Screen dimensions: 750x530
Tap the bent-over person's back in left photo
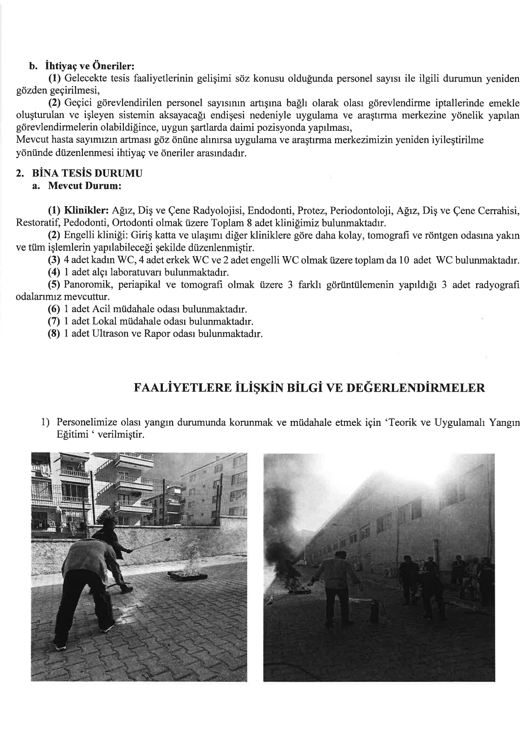pyautogui.click(x=92, y=556)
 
